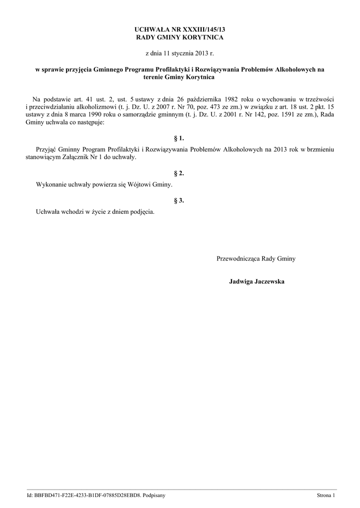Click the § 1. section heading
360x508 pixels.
[x=179, y=138]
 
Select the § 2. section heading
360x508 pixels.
[x=179, y=173]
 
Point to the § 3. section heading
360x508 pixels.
[x=179, y=200]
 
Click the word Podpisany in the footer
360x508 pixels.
[x=154, y=495]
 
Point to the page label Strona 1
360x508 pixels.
[x=326, y=495]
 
